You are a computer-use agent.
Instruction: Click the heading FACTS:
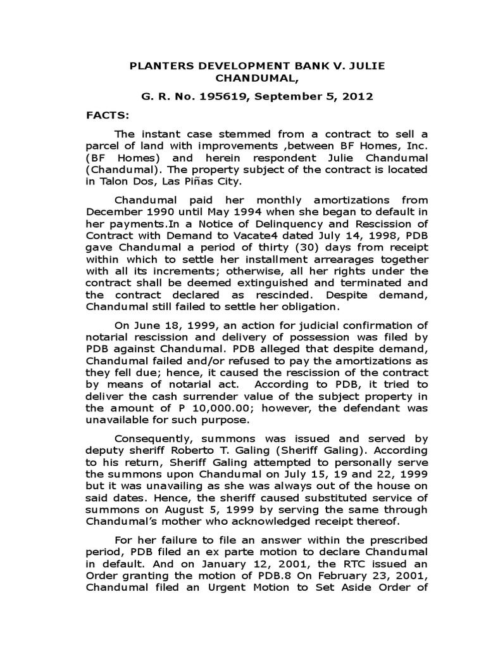coord(107,117)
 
